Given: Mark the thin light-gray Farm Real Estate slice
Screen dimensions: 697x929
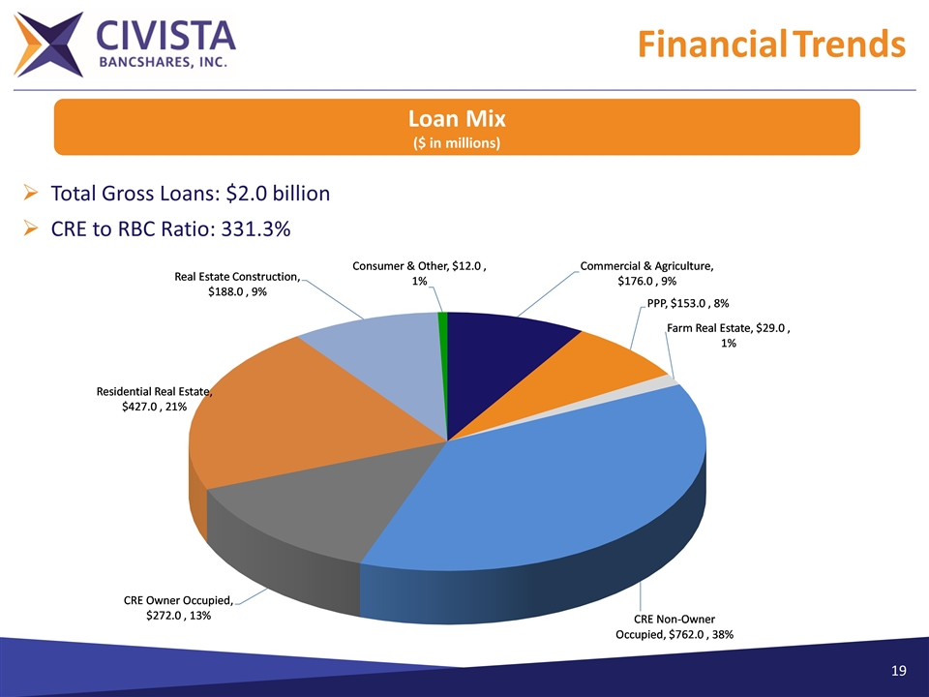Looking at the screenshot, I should point(666,384).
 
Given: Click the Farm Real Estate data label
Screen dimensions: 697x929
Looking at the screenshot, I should point(729,336).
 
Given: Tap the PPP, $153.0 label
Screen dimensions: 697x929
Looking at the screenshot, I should point(687,304).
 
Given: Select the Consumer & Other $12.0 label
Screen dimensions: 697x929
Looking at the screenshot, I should point(417,272).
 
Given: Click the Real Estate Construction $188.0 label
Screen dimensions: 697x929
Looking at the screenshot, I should point(237,285).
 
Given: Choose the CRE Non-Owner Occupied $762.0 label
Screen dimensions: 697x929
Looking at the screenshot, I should point(674,626).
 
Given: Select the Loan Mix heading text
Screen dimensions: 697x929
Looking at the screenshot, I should point(457,119).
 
